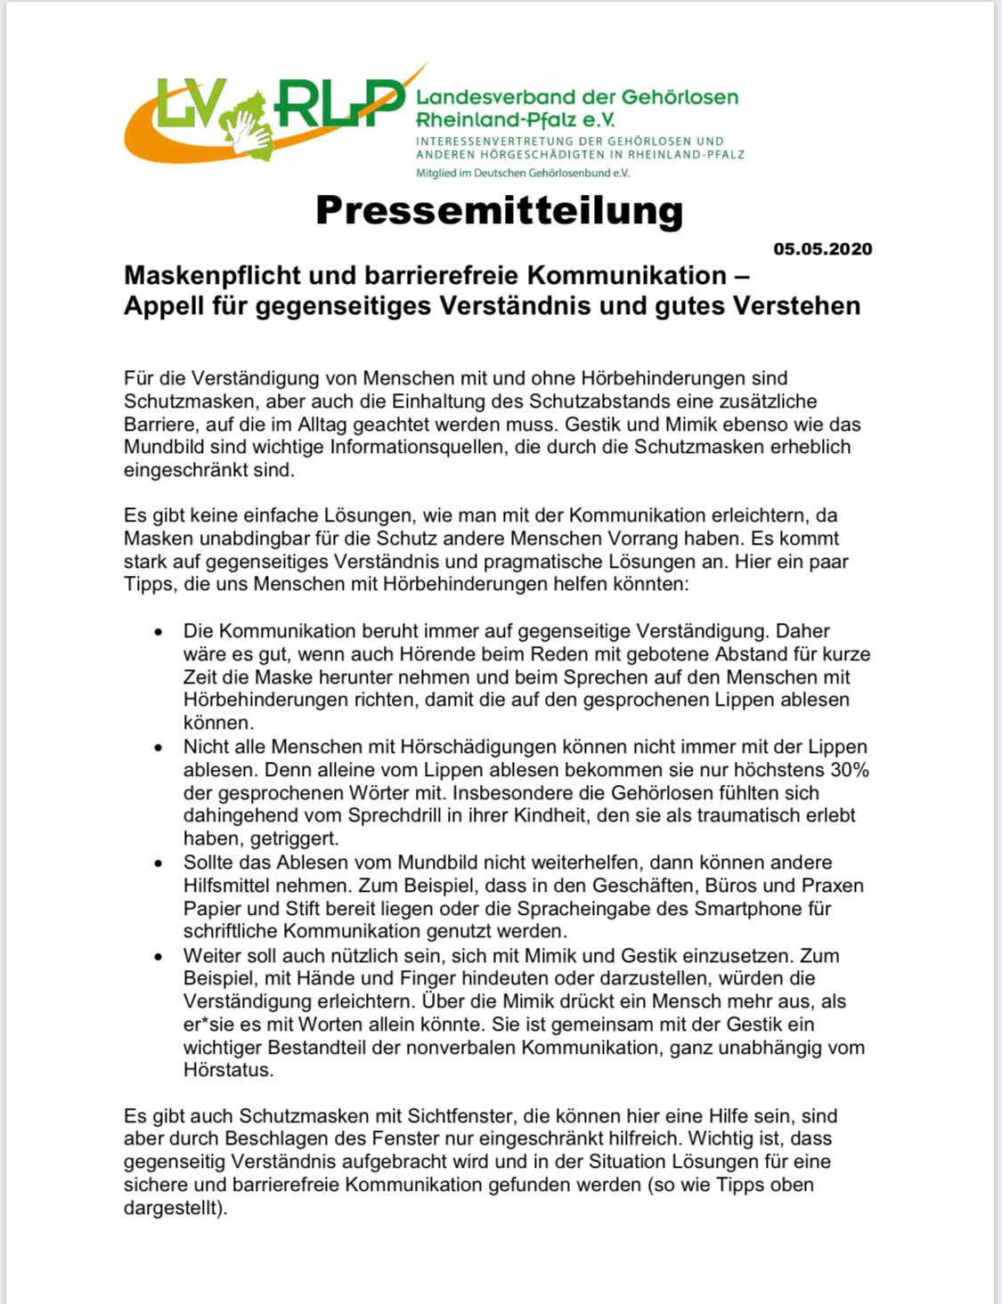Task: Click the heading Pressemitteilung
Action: [x=499, y=211]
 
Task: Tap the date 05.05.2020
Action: [x=822, y=249]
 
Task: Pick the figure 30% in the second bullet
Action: [x=849, y=770]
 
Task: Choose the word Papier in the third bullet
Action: [x=210, y=909]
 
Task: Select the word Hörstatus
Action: [x=227, y=1070]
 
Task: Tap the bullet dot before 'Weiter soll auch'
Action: [x=158, y=957]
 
